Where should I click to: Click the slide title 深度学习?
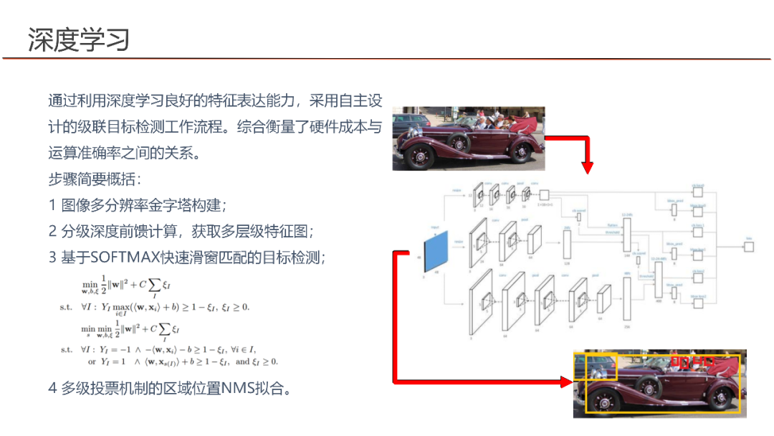[x=79, y=39]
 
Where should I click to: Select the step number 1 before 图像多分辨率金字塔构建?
[x=52, y=205]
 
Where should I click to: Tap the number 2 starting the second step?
[x=52, y=231]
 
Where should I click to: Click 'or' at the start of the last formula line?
[x=92, y=361]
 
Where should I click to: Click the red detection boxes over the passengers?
[x=692, y=361]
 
